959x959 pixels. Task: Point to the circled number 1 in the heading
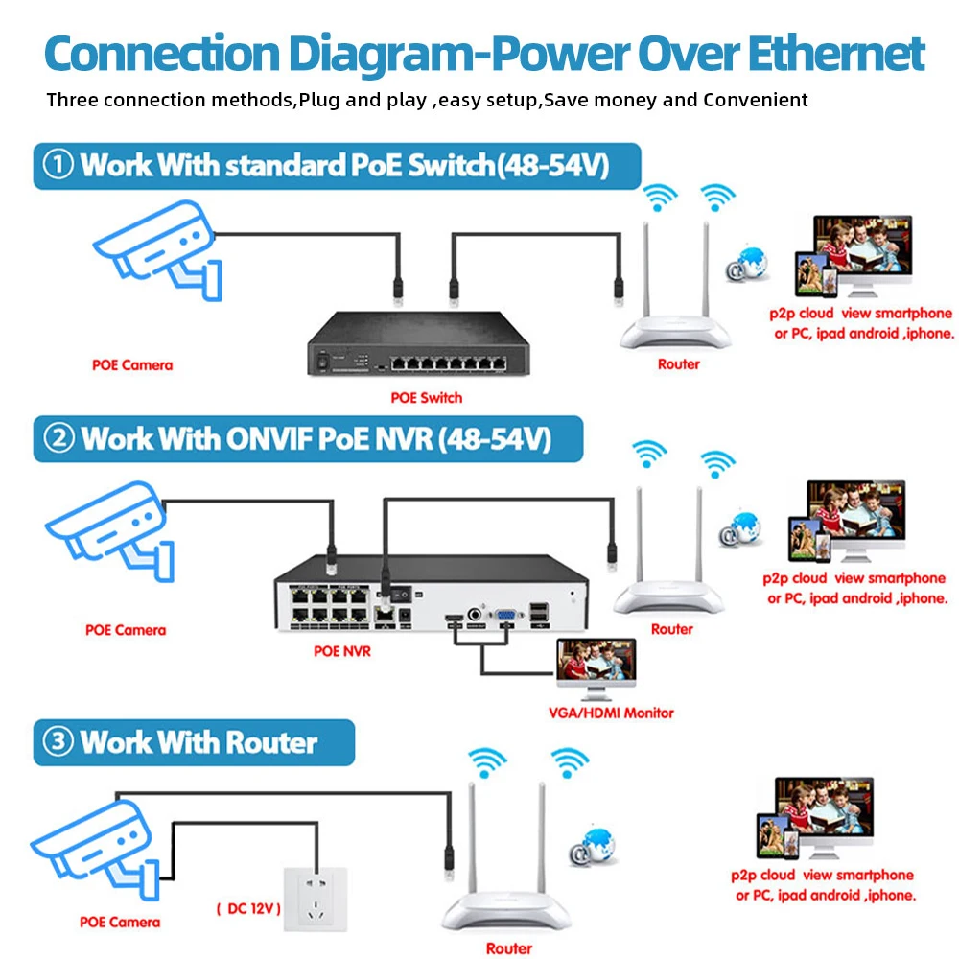tap(58, 165)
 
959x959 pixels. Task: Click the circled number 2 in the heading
tap(58, 438)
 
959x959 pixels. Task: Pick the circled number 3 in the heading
tap(58, 742)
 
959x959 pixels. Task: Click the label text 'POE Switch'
tap(427, 397)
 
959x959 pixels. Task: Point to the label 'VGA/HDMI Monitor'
tap(611, 713)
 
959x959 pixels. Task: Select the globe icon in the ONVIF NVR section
tap(744, 528)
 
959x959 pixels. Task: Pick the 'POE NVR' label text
tap(342, 651)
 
